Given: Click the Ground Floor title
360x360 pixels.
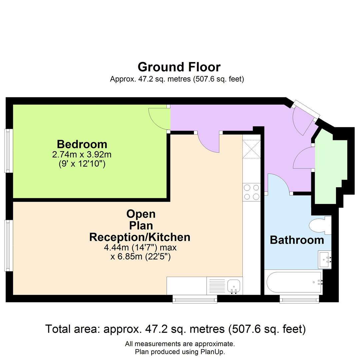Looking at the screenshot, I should pos(179,67).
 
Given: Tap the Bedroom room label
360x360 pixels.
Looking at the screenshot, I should pos(82,144).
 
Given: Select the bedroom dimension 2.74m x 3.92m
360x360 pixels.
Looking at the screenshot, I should pos(82,155).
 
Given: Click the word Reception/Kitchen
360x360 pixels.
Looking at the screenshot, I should pos(140,237).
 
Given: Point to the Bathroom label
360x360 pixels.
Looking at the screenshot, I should pos(297,240).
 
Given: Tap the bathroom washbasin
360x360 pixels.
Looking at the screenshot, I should pos(324,259).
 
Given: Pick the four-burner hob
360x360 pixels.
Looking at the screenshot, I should pos(252,192).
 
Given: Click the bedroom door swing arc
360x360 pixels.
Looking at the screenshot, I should pos(158,119).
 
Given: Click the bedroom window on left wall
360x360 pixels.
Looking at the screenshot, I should pos(7,151).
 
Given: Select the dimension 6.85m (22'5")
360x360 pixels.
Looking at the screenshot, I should pos(141,257).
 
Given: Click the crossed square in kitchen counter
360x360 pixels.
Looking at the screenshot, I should pos(251,149).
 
